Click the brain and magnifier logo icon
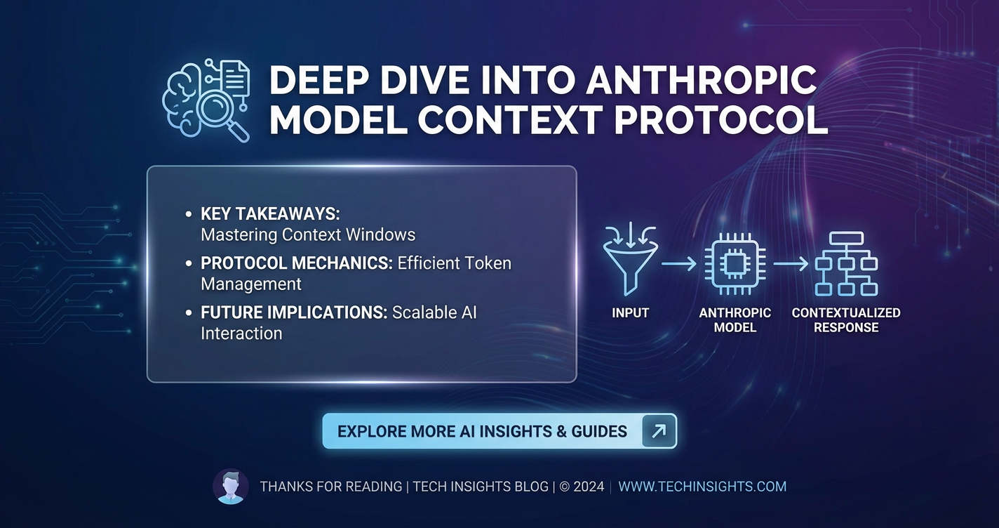206,100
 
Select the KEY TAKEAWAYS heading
270,213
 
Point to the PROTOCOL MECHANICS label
297,263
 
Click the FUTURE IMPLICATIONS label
294,312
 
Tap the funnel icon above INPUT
630,259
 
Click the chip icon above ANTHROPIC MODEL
735,264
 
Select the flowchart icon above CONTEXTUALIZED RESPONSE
846,264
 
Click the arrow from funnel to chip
679,264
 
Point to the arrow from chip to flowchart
791,264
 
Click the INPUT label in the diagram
630,313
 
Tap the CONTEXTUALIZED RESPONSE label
846,320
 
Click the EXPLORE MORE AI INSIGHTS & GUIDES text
482,432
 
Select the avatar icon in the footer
231,486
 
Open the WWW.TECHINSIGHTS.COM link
702,487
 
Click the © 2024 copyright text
582,487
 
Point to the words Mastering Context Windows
308,235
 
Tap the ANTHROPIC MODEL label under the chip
735,320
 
